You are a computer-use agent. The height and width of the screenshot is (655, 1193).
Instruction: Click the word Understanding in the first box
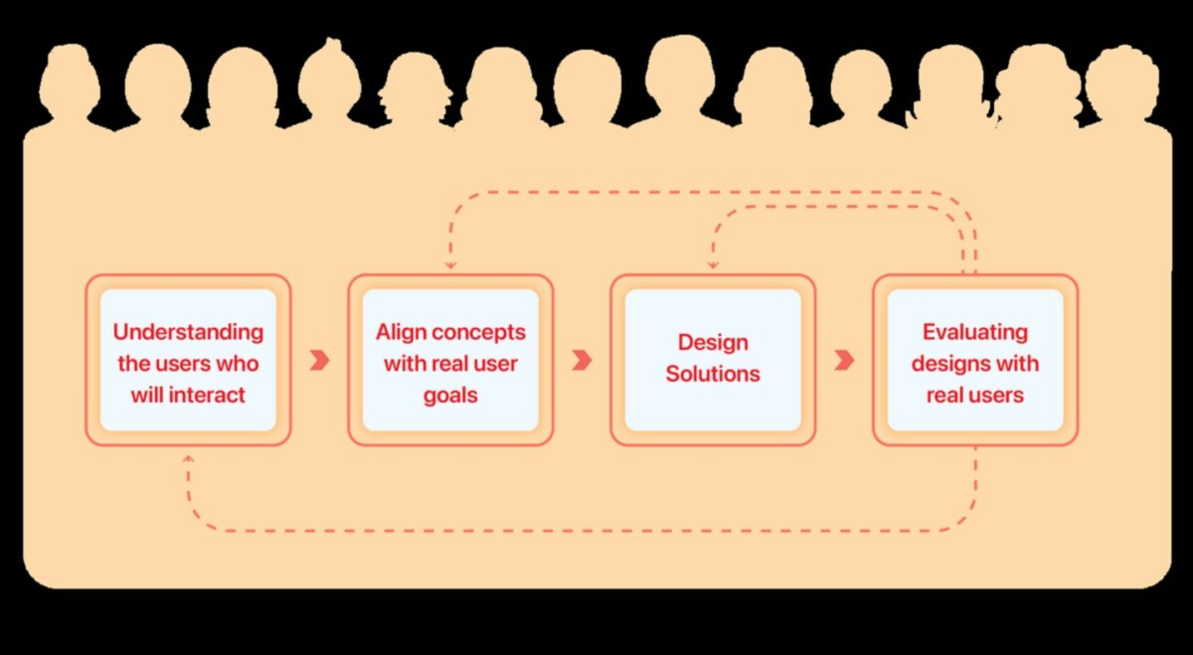pos(188,332)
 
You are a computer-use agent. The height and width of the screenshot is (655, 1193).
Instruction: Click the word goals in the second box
pos(450,395)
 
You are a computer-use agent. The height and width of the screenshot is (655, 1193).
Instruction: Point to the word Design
pos(712,343)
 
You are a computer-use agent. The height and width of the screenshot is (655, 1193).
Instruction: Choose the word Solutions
pos(712,374)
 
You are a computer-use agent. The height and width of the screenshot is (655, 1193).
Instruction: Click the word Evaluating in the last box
pos(974,332)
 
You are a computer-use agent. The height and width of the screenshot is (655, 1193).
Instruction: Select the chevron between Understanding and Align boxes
pos(319,360)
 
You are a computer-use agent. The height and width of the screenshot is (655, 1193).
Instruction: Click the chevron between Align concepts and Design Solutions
pos(582,360)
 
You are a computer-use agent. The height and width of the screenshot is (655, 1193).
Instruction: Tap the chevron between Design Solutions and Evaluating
pos(844,360)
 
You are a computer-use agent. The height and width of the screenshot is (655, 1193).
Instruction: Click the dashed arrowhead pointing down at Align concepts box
pos(450,265)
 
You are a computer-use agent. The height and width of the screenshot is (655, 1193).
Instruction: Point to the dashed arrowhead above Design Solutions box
pos(712,265)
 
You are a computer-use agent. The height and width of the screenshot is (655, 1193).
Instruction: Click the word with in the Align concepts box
pos(405,363)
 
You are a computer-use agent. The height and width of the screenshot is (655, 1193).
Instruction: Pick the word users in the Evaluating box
pos(996,395)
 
